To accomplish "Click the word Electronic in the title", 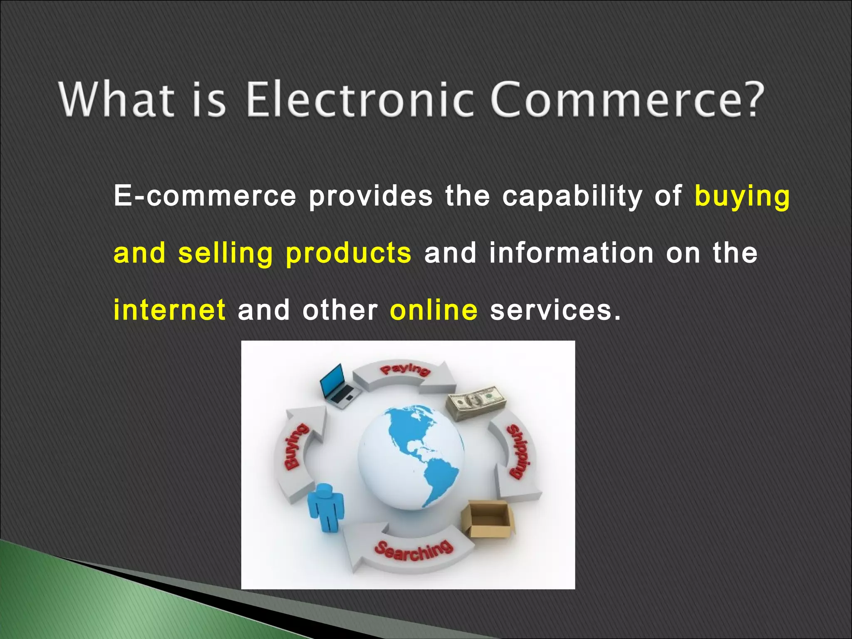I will pos(360,100).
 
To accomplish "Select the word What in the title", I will pos(116,100).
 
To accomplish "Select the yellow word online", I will pos(434,310).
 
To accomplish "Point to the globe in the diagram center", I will pos(411,458).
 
